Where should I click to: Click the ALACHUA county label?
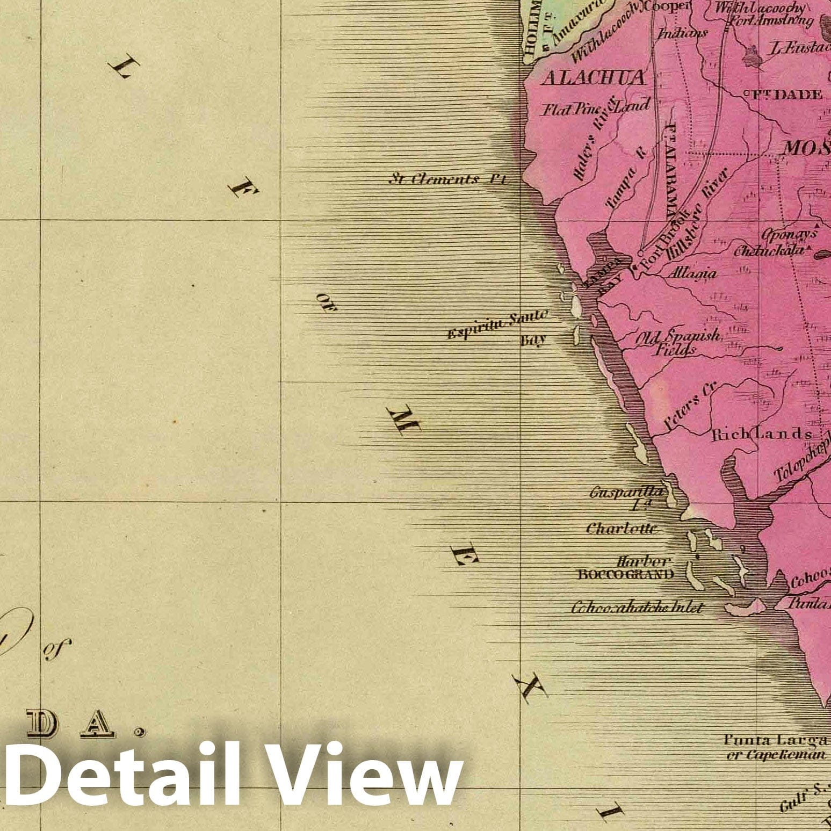pyautogui.click(x=593, y=78)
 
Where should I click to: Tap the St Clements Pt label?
pyautogui.click(x=447, y=179)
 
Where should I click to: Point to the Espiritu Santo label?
pyautogui.click(x=497, y=326)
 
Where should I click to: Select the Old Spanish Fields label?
pyautogui.click(x=679, y=343)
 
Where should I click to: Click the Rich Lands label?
pyautogui.click(x=761, y=435)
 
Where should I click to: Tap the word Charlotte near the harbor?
pyautogui.click(x=622, y=529)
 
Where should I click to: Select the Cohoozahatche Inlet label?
pyautogui.click(x=637, y=608)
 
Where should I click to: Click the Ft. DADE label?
pyautogui.click(x=785, y=95)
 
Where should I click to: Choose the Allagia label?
pyautogui.click(x=692, y=273)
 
